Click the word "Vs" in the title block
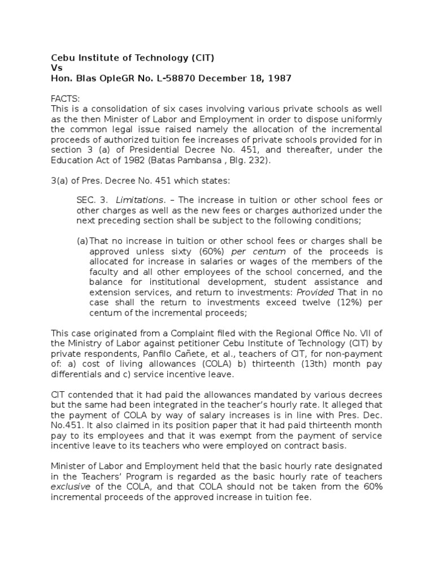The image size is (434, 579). [x=57, y=68]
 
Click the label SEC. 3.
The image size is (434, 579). [x=91, y=200]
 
